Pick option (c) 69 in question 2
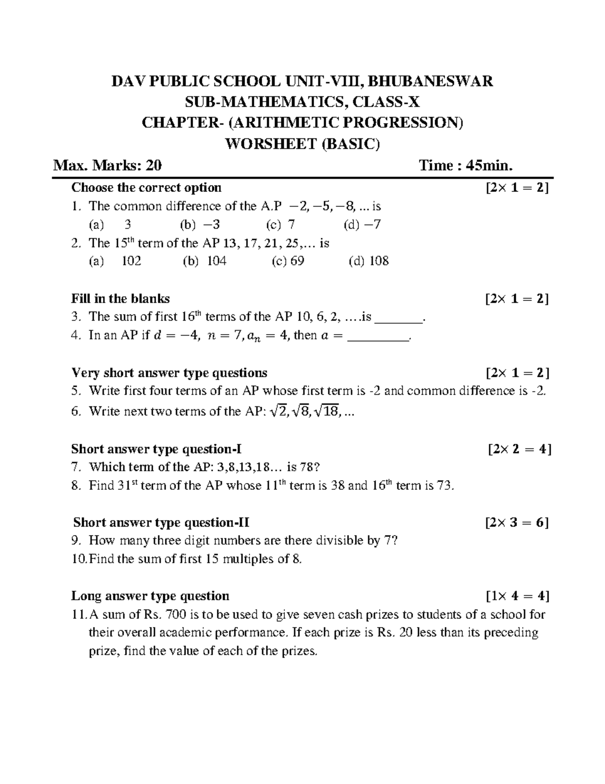pos(288,261)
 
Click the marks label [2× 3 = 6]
pos(517,522)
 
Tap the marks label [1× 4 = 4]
pos(518,596)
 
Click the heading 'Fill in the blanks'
pos(120,298)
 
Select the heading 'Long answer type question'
pos(150,596)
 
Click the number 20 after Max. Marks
pos(153,166)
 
